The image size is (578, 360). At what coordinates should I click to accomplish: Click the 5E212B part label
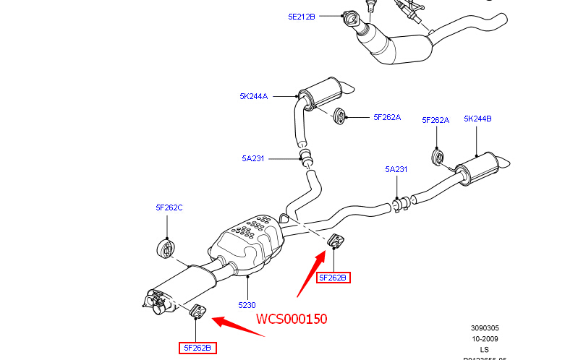(x=301, y=15)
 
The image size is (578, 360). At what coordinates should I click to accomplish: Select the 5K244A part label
(x=254, y=95)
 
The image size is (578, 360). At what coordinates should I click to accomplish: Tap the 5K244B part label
(x=477, y=119)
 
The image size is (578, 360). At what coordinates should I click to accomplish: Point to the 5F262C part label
(x=169, y=207)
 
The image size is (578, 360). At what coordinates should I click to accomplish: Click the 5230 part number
(x=246, y=305)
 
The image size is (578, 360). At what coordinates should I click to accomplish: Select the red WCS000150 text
(x=292, y=319)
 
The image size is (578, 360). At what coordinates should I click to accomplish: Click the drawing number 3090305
(x=484, y=327)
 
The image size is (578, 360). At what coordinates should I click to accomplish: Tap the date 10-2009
(x=484, y=338)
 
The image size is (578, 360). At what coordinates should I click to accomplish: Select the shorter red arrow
(x=239, y=327)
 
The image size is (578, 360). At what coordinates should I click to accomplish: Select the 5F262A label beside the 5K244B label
(x=435, y=120)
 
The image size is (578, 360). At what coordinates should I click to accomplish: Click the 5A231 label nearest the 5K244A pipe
(x=254, y=158)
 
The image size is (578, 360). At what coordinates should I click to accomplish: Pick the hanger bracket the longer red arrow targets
(x=336, y=241)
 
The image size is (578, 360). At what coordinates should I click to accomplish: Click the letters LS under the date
(x=484, y=349)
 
